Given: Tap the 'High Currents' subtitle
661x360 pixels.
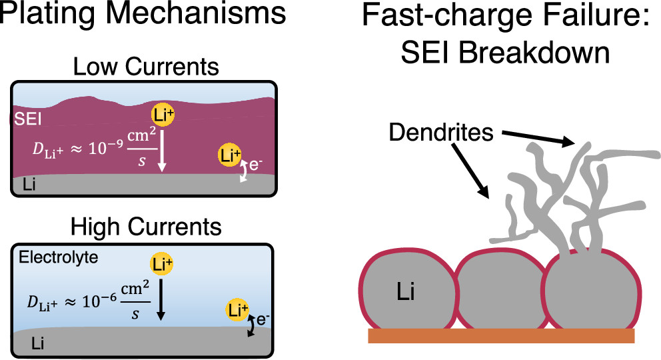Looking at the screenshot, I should click(147, 227).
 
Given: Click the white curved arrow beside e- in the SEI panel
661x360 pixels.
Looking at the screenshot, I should click(245, 172).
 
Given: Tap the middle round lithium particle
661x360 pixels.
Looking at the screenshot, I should click(499, 290).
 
